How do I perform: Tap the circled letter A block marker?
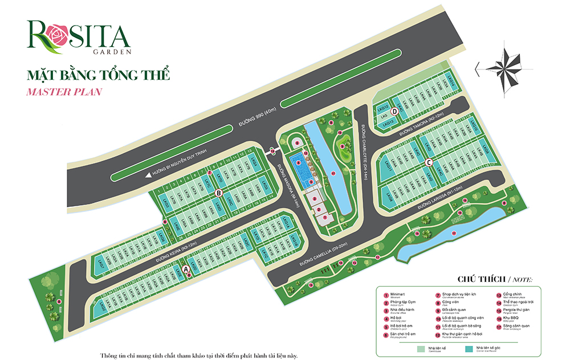[x=185, y=268]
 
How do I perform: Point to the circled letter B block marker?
[x=218, y=193]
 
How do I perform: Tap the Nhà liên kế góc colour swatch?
[x=471, y=347]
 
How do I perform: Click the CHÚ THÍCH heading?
[x=482, y=280]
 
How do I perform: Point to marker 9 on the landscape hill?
[x=342, y=146]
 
